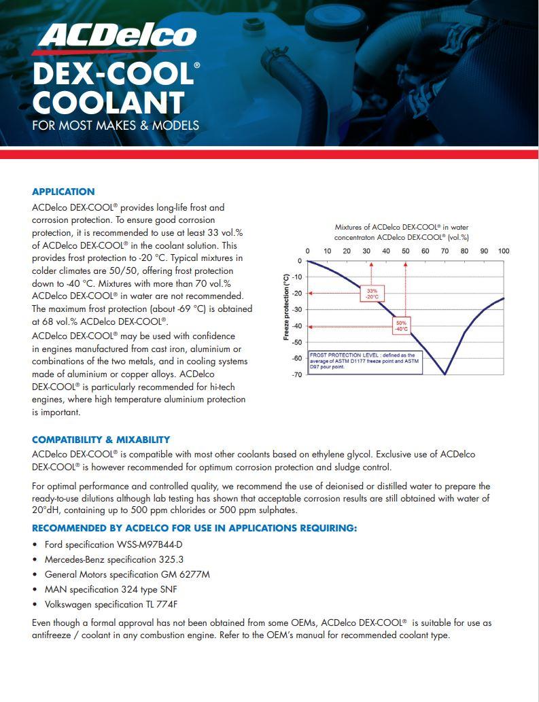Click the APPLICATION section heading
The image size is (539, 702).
pos(63,192)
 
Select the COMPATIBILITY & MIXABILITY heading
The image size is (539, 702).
pos(101,440)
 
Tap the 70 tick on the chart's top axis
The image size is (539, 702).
pos(445,251)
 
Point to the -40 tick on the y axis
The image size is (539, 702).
pos(297,326)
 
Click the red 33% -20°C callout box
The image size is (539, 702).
pos(371,294)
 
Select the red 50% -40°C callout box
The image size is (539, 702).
pos(401,325)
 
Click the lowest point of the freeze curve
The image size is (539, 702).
pos(445,374)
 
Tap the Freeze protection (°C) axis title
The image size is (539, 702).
pos(286,306)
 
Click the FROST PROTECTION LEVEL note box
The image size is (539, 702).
pos(365,362)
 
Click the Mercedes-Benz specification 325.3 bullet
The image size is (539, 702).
pos(114,559)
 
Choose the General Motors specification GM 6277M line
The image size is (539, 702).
pos(127,574)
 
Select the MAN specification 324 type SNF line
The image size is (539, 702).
pos(111,589)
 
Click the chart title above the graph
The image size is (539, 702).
pos(402,232)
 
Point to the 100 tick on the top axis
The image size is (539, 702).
pos(503,251)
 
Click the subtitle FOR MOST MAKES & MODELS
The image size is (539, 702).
pos(116,125)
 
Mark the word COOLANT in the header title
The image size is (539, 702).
pos(108,103)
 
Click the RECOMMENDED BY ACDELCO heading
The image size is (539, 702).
pos(194,528)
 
